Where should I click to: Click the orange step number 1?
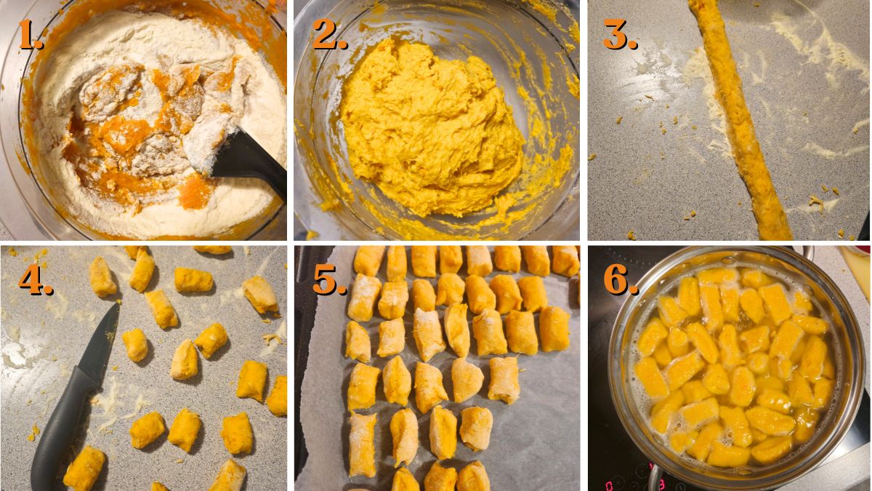[x=31, y=35]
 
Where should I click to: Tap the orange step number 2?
[x=329, y=35]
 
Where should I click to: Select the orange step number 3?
[x=619, y=35]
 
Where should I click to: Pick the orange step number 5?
[x=329, y=280]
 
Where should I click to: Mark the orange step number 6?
[x=621, y=280]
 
